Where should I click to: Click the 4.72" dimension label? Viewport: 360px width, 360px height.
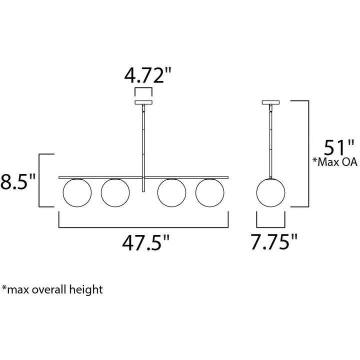(148, 75)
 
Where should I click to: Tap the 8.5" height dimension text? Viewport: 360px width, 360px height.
(18, 181)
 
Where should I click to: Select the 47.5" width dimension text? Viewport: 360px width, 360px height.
(146, 242)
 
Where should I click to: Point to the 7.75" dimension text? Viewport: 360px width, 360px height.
(274, 242)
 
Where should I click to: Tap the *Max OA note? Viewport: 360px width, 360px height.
(335, 162)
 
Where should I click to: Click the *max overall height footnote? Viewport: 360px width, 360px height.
(52, 289)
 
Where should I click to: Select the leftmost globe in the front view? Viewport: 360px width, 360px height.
(77, 193)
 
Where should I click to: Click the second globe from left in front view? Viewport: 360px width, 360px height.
(115, 193)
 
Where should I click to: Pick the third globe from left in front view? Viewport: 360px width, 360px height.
(171, 193)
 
